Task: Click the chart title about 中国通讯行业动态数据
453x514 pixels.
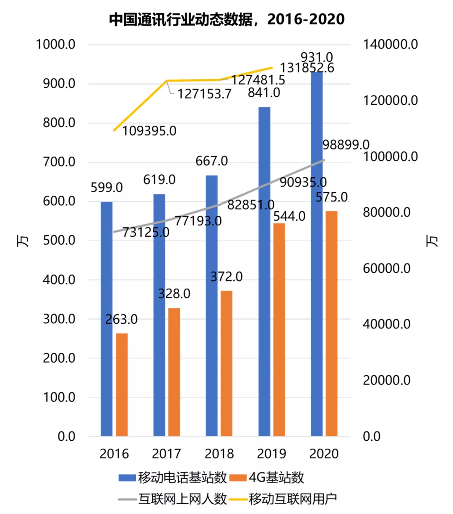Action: (x=226, y=19)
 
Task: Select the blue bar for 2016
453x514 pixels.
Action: (x=107, y=318)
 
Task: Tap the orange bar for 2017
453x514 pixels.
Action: (x=174, y=372)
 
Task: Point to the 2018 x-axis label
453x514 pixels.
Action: (x=219, y=454)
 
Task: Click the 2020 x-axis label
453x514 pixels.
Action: (x=324, y=454)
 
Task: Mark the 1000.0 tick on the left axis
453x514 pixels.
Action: (x=55, y=44)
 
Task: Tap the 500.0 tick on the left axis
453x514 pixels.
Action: (x=59, y=240)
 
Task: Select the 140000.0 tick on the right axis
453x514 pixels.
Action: (x=390, y=44)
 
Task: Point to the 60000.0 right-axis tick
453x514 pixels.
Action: (x=386, y=269)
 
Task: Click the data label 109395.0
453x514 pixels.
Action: (x=149, y=131)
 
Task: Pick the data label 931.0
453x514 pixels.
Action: (x=317, y=57)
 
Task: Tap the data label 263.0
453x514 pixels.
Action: (x=121, y=320)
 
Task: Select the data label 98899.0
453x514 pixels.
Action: (x=346, y=145)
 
